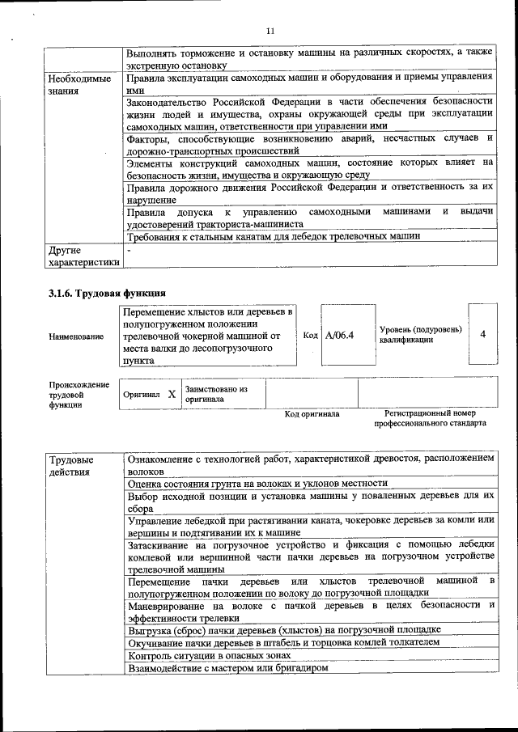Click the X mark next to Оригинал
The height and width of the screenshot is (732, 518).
(x=172, y=395)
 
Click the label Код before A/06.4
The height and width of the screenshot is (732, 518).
(x=310, y=335)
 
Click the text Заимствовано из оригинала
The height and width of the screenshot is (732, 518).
(x=215, y=394)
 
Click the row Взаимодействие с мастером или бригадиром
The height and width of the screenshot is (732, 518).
(x=230, y=668)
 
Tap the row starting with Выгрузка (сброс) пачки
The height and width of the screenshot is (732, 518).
(x=284, y=629)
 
